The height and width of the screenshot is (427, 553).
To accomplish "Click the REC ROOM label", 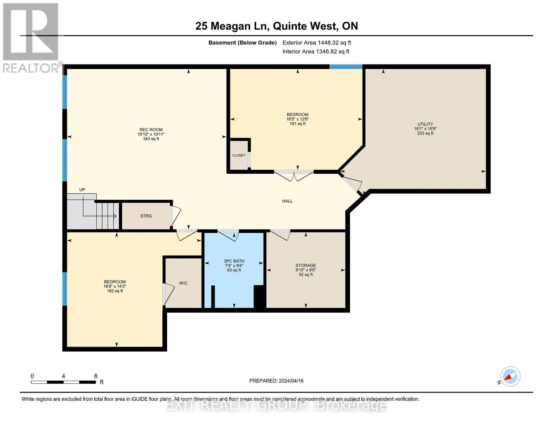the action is (151, 130).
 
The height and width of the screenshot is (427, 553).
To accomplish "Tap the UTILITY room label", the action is (425, 124).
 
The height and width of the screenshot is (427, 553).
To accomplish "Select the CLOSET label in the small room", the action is (239, 155).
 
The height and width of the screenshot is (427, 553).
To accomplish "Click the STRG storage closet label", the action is (146, 216).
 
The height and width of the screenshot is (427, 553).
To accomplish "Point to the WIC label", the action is (183, 283).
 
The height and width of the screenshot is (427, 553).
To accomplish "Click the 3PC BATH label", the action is (234, 261).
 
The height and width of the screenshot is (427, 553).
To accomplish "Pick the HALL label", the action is (287, 201).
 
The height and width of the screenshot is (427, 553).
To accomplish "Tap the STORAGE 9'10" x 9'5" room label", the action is (306, 265).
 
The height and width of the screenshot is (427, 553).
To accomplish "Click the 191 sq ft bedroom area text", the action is (297, 123).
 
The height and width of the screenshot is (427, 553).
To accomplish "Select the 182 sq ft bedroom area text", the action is (115, 291).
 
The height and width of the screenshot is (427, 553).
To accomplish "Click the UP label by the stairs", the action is (82, 190).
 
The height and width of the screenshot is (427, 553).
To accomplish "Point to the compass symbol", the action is (510, 376).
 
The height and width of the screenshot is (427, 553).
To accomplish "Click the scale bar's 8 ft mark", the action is (96, 376).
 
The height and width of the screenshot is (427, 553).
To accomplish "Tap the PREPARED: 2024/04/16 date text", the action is (276, 381).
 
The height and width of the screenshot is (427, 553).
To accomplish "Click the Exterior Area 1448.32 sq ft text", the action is (317, 43).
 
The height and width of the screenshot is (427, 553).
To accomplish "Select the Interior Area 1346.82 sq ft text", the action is (315, 52).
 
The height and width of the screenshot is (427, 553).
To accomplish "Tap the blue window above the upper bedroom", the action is (346, 67).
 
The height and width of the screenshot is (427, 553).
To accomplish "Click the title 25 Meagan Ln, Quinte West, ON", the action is (277, 26).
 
